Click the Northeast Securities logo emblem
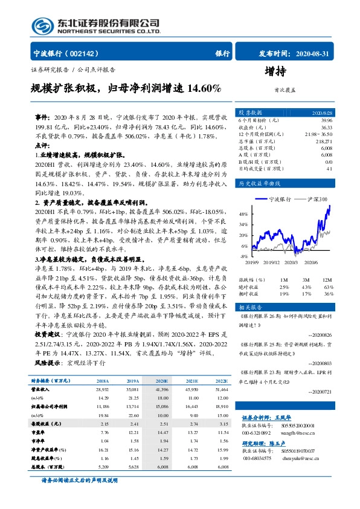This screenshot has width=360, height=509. tap(41, 26)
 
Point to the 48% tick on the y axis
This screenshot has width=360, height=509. tap(243, 214)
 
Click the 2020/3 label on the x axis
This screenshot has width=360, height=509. tap(291, 262)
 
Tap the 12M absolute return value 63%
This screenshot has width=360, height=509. tap(329, 286)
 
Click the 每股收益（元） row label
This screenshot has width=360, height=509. tap(45, 424)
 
